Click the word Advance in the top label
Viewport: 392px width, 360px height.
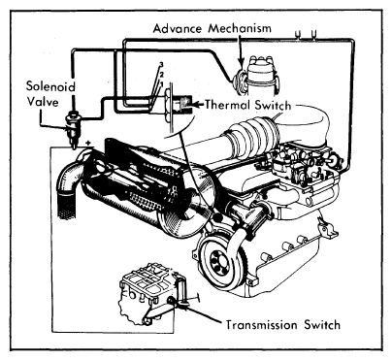(x=177, y=28)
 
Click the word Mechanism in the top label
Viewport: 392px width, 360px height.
(x=240, y=28)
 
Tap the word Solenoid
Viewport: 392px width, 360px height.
(x=50, y=86)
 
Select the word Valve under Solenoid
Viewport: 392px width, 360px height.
(x=43, y=102)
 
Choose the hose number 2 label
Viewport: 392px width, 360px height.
(x=161, y=75)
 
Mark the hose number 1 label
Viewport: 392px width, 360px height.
(x=161, y=83)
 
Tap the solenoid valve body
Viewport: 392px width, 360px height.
(x=73, y=127)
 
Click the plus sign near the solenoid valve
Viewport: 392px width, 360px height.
(x=87, y=143)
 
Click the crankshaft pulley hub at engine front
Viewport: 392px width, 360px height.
(x=216, y=259)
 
